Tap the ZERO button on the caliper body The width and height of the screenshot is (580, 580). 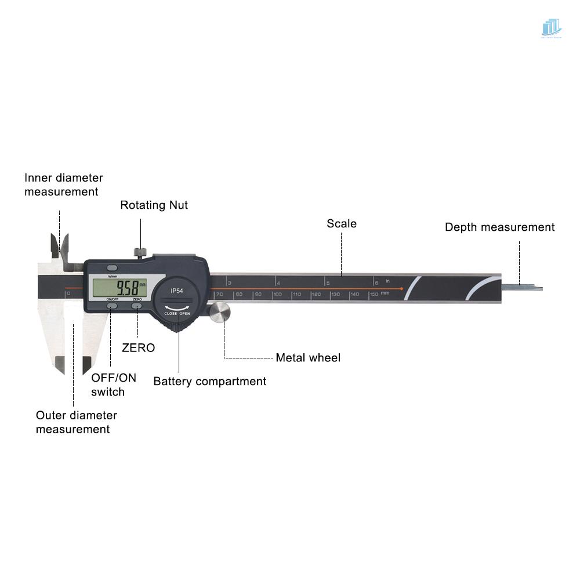[137, 305]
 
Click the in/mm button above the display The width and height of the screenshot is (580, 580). [112, 268]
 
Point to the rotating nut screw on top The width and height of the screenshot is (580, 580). [140, 252]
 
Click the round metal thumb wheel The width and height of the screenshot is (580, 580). [220, 313]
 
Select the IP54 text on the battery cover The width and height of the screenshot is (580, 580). [176, 290]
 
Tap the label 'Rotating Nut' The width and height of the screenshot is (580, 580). [154, 205]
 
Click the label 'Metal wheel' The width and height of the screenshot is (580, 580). [308, 358]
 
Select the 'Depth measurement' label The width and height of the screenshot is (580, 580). [499, 227]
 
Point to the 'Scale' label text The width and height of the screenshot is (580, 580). [342, 224]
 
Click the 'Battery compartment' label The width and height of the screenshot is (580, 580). [209, 382]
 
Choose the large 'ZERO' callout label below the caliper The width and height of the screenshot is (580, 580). [138, 348]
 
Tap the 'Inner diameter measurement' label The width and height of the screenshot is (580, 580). [63, 184]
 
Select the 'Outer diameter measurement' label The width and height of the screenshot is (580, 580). [76, 422]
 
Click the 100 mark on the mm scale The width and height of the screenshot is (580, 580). [277, 295]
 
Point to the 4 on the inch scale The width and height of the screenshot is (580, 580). [279, 283]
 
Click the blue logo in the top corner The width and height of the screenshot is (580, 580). [551, 27]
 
